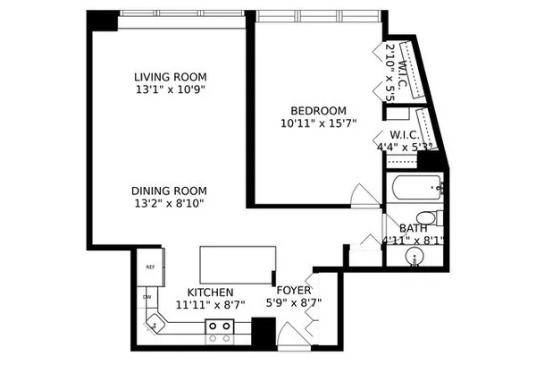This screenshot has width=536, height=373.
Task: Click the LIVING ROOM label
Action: coord(171,77)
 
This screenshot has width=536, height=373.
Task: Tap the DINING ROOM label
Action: coord(169,191)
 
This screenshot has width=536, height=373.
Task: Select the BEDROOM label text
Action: coord(318,111)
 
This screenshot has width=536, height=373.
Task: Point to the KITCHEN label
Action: coord(210,292)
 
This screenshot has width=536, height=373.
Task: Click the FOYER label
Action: coord(294,290)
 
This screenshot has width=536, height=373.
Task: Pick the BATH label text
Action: coord(414,228)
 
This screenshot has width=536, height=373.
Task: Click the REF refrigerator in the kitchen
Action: coord(151,267)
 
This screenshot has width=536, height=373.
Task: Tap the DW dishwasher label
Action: coord(147,297)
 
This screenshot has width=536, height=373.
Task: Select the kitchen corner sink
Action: coord(155,323)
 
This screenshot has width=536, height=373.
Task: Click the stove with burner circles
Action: coord(220,326)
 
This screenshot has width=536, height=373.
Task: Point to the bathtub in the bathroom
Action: coord(416,188)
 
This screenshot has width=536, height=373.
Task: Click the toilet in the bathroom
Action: coord(430,218)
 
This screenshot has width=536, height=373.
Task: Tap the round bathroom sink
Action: coord(415,256)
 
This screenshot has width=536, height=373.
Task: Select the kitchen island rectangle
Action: coord(238,265)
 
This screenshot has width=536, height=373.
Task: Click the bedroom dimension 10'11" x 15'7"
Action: coord(319,123)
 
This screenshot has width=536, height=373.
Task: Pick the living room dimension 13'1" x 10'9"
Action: coord(171,89)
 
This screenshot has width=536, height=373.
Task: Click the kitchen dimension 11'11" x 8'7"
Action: coord(210,304)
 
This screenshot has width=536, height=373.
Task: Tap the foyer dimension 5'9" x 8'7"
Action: coord(294,303)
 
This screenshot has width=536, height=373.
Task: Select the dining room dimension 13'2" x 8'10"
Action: coord(169,204)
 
